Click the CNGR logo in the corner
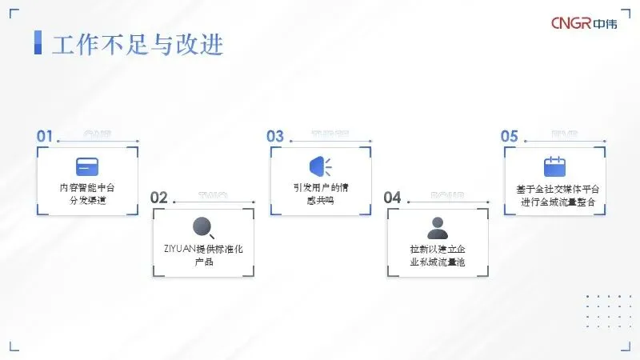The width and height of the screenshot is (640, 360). tap(586, 24)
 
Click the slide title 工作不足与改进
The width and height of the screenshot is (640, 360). tap(137, 44)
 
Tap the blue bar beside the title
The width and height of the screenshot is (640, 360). tap(38, 43)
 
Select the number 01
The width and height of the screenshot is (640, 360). tap(45, 136)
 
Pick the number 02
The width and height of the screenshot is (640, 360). tap(159, 198)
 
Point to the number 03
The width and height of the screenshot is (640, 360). tap(275, 136)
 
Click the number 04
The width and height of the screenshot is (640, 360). tap(392, 198)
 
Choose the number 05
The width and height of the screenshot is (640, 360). tap(510, 136)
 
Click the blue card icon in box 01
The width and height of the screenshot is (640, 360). tap(87, 166)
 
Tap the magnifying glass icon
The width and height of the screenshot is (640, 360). tap(203, 228)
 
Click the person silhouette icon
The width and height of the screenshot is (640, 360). tap(437, 228)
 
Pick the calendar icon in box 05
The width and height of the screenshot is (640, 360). tap(554, 166)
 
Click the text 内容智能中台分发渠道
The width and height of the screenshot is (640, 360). tap(87, 194)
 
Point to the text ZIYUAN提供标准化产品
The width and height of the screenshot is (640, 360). tap(203, 256)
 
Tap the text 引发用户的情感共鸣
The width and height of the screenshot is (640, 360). tap(321, 194)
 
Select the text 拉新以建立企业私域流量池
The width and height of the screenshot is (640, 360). tap(437, 256)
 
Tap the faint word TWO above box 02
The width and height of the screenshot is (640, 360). tap(214, 195)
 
